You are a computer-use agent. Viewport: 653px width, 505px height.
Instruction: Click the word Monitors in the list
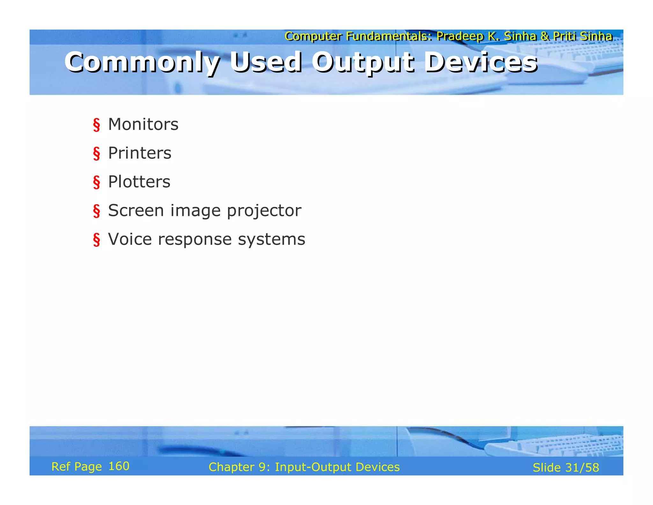point(143,124)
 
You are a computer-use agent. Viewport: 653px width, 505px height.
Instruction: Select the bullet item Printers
point(140,153)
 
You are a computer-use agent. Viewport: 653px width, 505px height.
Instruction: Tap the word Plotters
point(139,182)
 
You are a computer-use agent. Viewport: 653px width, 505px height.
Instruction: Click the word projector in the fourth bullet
point(264,211)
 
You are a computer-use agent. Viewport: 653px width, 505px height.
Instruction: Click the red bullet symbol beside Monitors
point(96,125)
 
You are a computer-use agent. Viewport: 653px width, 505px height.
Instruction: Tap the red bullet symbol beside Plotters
point(96,182)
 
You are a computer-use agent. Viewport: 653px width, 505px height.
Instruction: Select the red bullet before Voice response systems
point(96,240)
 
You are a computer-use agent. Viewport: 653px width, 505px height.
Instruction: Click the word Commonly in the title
point(142,62)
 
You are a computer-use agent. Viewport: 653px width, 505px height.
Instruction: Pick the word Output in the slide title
point(363,62)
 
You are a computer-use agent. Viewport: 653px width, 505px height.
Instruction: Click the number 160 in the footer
point(119,466)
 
